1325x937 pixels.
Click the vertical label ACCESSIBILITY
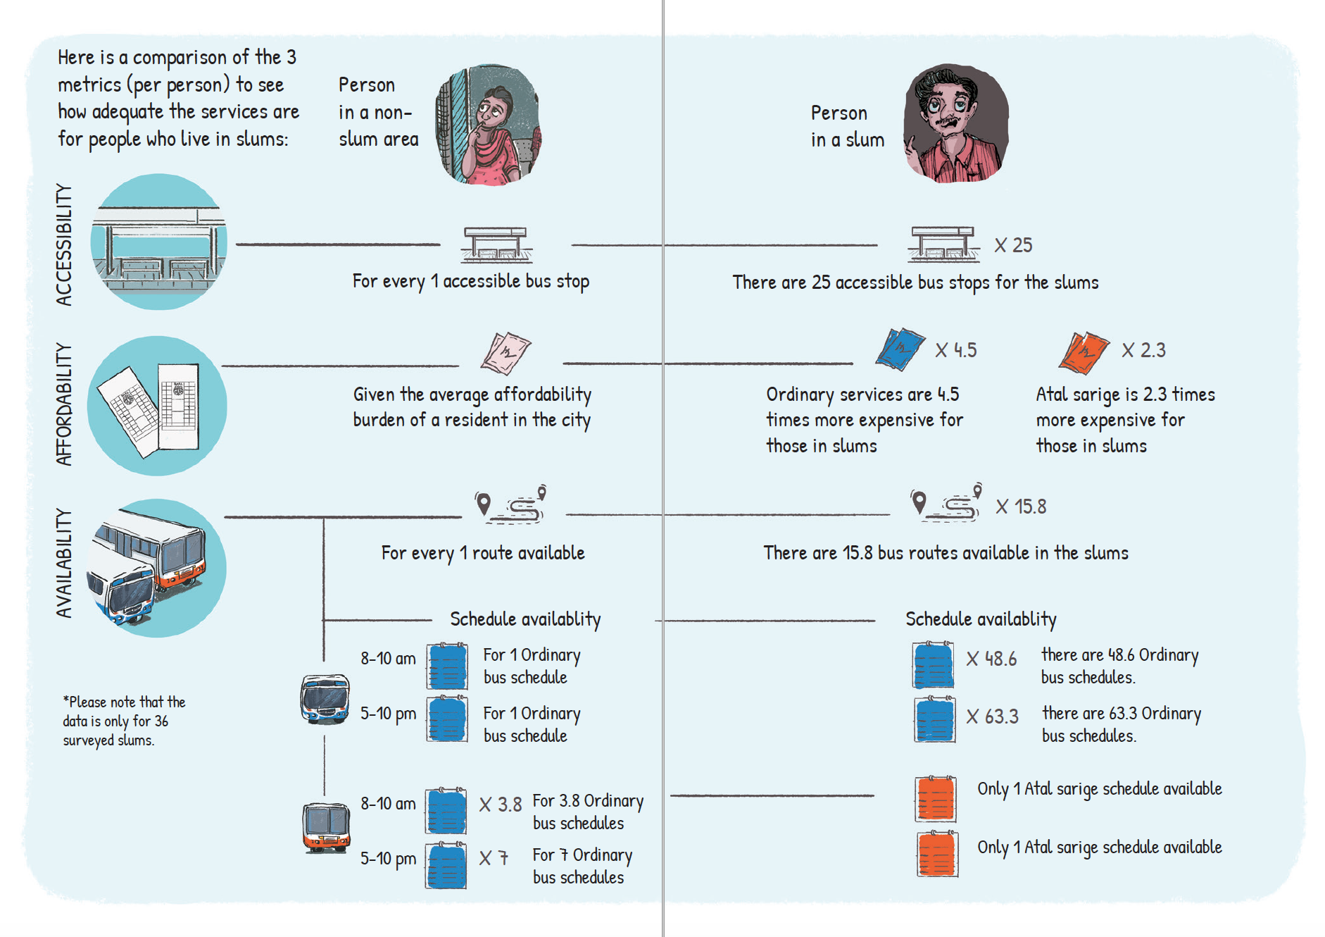click(64, 244)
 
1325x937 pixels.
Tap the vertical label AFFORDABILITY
click(64, 404)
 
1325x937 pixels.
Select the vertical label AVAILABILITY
click(64, 564)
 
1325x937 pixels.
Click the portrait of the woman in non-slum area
click(489, 125)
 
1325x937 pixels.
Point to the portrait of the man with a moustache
click(956, 123)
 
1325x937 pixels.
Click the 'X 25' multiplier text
click(1013, 245)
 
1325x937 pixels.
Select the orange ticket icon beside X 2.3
click(1084, 352)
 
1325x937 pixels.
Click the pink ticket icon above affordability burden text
click(505, 353)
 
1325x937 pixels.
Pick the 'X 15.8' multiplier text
click(1021, 507)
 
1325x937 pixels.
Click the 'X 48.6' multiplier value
click(991, 659)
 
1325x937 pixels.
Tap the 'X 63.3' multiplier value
click(992, 716)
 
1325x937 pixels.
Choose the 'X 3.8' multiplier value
click(501, 805)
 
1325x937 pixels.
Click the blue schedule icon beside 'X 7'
click(446, 865)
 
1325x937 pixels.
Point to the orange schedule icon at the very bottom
click(937, 854)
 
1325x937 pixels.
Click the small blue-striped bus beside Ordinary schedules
click(325, 699)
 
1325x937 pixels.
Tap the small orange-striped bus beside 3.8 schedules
click(326, 828)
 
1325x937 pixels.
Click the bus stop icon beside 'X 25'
click(943, 244)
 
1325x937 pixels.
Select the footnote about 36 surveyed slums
click(124, 721)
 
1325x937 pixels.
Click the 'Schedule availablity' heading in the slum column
click(981, 619)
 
